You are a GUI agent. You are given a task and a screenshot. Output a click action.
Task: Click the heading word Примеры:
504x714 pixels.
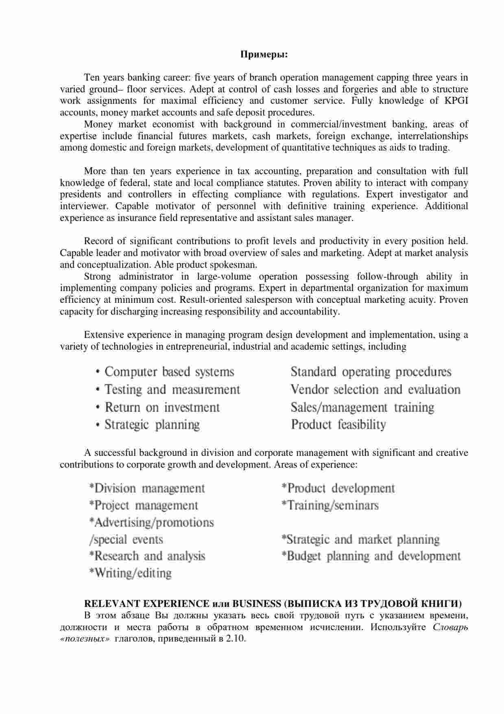coord(264,54)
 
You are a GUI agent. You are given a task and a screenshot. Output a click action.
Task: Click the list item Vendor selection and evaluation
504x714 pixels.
coord(375,390)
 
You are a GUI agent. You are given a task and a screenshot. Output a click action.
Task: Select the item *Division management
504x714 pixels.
coord(147,488)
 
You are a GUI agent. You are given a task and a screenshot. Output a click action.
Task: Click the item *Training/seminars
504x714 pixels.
coord(330,506)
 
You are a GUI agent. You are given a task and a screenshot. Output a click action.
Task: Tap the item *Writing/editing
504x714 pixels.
coord(130,573)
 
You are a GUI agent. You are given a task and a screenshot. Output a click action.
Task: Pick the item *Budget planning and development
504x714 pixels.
coord(371,556)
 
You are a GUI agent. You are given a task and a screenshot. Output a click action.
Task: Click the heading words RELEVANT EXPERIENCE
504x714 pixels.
coord(146,603)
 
